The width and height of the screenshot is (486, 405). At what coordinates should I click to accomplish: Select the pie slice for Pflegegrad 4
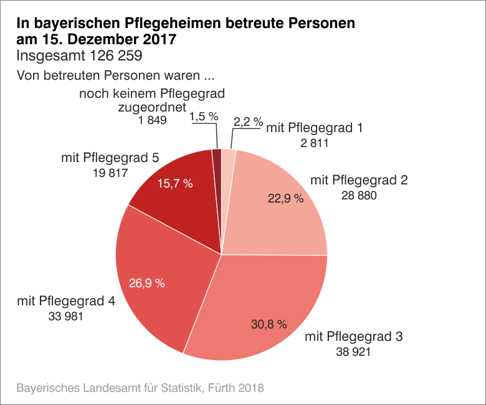pyautogui.click(x=156, y=262)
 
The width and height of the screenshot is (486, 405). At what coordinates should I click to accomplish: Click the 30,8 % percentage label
pyautogui.click(x=269, y=324)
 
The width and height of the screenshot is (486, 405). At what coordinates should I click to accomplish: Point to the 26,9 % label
pyautogui.click(x=147, y=283)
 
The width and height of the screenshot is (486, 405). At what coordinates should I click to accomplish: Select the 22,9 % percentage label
pyautogui.click(x=285, y=199)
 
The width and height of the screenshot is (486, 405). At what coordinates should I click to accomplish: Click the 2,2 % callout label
pyautogui.click(x=248, y=122)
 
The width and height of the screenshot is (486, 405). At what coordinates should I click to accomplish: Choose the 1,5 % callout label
pyautogui.click(x=203, y=117)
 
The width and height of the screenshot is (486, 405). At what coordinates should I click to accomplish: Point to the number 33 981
pyautogui.click(x=65, y=317)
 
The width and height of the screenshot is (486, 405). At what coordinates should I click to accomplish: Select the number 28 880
pyautogui.click(x=360, y=196)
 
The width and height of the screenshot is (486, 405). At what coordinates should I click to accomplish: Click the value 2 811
pyautogui.click(x=313, y=143)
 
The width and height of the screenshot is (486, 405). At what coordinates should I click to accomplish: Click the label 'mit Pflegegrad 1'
pyautogui.click(x=314, y=128)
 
